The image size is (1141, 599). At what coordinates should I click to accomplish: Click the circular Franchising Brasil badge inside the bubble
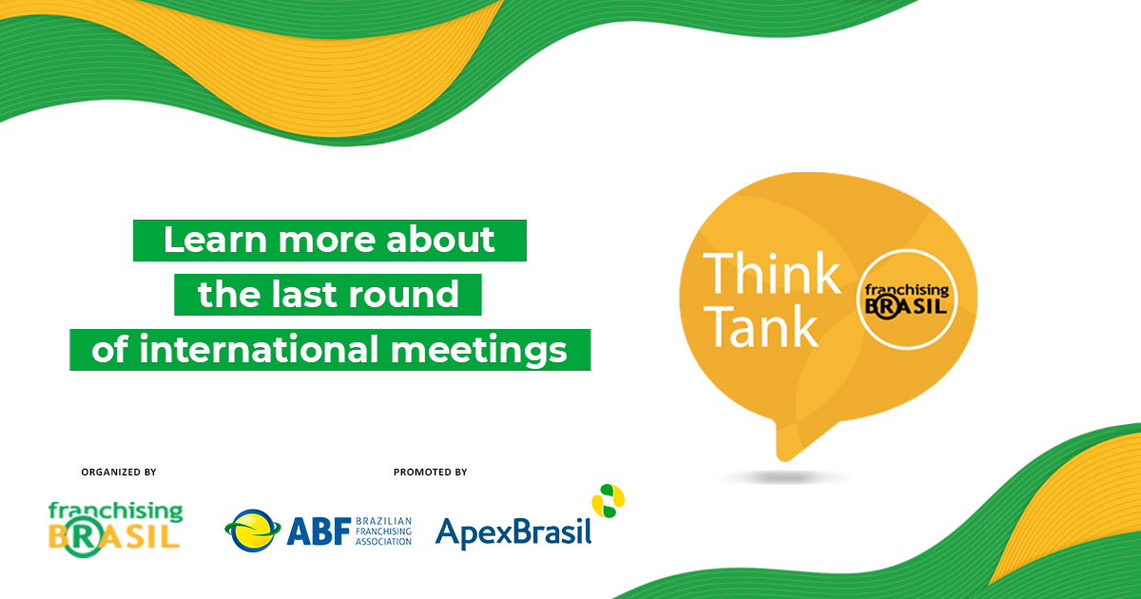point(905,299)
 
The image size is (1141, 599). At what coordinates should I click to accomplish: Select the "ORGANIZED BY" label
point(119,472)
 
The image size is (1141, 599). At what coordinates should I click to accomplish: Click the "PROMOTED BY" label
point(431,472)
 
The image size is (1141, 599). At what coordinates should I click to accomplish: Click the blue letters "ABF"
point(318,530)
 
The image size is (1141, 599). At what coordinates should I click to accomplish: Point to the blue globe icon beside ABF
point(253,531)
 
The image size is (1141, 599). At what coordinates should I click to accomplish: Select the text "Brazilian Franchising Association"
point(383,531)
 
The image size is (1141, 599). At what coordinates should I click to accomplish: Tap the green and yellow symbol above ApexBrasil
point(609,500)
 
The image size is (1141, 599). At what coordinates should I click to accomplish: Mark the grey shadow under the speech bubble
point(780,476)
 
